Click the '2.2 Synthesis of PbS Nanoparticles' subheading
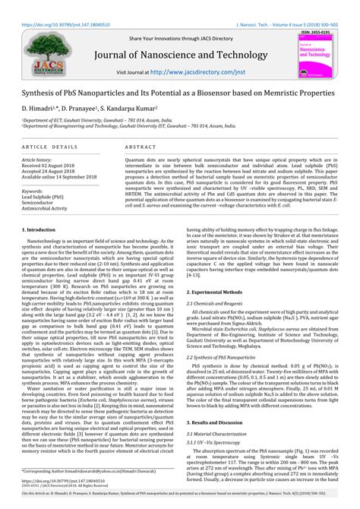point(232,356)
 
